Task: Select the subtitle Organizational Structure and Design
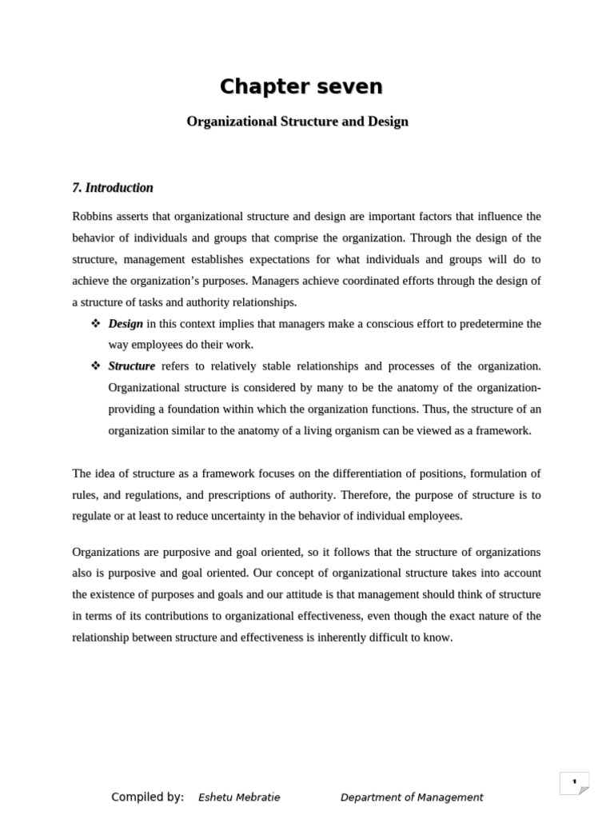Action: coord(297,122)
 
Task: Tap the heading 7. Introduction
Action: coord(112,188)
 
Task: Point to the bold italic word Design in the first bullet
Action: coord(126,324)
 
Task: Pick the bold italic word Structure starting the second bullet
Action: coord(132,366)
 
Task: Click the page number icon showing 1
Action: coord(574,783)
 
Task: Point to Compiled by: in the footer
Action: coord(147,797)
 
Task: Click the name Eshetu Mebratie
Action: coord(239,797)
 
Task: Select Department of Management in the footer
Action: coord(412,797)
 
